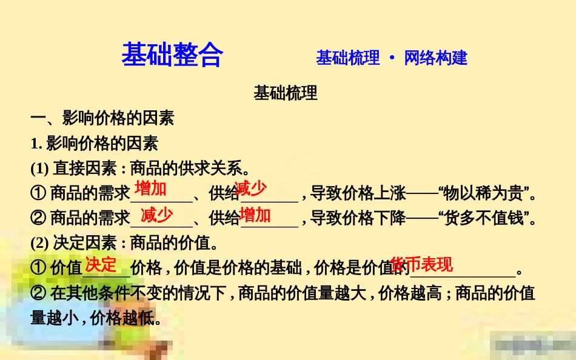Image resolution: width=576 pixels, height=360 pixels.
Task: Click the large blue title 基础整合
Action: tap(172, 55)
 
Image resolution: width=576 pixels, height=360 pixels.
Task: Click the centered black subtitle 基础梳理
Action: tap(286, 93)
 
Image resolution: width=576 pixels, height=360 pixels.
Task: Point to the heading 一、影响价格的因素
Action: tap(102, 118)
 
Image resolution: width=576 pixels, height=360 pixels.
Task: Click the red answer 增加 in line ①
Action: tap(150, 188)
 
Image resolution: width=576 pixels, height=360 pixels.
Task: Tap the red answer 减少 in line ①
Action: tap(250, 189)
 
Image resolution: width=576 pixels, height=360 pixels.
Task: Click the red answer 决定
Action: tap(100, 264)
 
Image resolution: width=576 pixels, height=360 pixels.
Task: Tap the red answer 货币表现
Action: tap(421, 265)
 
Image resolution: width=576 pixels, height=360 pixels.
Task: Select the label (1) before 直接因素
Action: tap(39, 168)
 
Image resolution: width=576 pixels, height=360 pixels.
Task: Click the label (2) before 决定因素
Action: tap(39, 244)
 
